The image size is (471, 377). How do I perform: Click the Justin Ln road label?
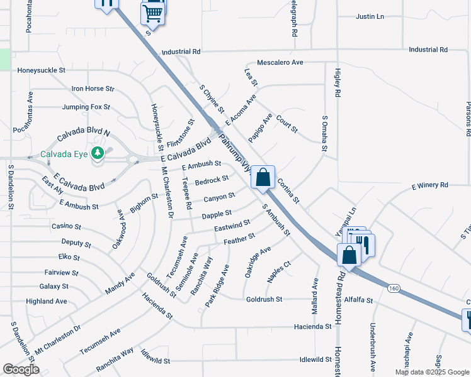pos(370,16)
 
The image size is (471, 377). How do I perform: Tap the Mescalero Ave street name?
pos(280,63)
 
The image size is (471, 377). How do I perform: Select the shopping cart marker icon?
pos(153,13)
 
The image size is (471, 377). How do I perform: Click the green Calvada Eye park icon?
pos(97,153)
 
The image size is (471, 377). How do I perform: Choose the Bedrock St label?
pos(212,181)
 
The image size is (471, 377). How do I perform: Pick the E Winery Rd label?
pos(429,185)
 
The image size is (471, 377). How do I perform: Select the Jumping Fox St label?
pos(86,107)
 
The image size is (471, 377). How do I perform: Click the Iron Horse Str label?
pos(93,89)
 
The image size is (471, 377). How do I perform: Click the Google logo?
pos(21,369)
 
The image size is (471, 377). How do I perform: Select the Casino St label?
pos(66,226)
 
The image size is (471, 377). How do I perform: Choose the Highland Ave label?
pos(47,302)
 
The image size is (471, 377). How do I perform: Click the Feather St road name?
pos(239,238)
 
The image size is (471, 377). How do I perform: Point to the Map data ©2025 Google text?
pos(431,372)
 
